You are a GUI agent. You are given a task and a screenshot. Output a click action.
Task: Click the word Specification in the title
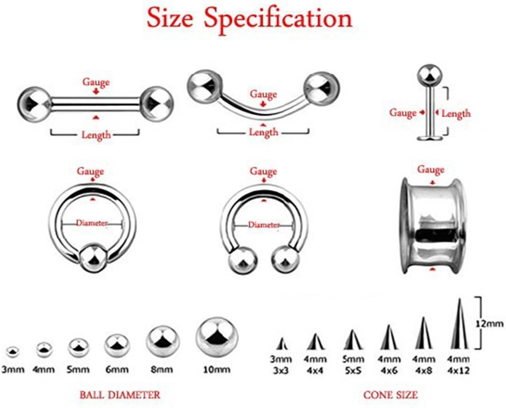tap(278, 19)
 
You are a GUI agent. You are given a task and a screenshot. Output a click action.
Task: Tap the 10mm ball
tap(216, 337)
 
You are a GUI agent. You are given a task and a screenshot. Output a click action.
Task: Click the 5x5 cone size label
tap(353, 371)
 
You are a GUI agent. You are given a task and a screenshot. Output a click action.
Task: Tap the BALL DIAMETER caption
tap(120, 395)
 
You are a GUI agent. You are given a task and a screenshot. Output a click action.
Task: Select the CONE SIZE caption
tap(390, 395)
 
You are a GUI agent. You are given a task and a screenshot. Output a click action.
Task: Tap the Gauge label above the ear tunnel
tap(431, 170)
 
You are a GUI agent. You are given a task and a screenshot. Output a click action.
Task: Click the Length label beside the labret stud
tap(456, 113)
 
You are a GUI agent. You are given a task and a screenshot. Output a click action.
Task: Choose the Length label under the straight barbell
tap(96, 135)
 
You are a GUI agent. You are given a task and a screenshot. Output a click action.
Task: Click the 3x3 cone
tap(282, 344)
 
